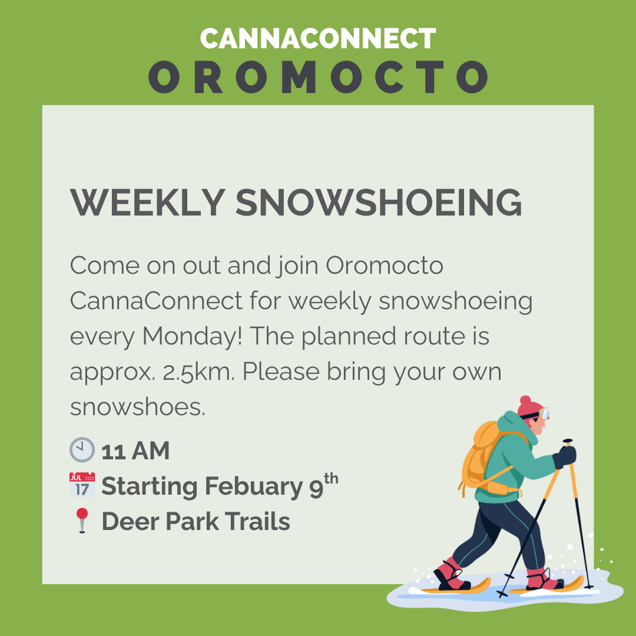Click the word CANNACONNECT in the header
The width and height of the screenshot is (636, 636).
[x=318, y=38]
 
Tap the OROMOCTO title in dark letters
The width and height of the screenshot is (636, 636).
[x=319, y=77]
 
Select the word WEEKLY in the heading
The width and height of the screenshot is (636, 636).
[x=148, y=203]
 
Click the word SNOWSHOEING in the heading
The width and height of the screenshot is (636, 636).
[x=379, y=203]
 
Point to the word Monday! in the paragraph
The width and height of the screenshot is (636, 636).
[x=192, y=337]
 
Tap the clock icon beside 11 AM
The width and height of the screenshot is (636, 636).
[x=82, y=449]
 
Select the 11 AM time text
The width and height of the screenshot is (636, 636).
[x=135, y=450]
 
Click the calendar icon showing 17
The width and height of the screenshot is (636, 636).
[x=82, y=485]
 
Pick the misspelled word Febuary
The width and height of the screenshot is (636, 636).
[x=254, y=487]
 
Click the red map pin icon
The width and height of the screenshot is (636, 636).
[x=82, y=520]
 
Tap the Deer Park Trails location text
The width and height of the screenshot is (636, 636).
[x=196, y=521]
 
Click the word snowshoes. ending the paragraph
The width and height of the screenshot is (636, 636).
[x=137, y=407]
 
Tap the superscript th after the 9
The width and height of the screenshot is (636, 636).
[x=331, y=479]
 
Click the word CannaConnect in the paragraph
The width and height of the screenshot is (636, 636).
[x=156, y=302]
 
